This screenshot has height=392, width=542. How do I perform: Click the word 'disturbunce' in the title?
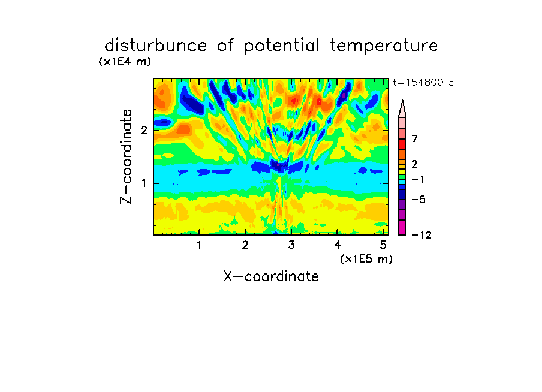pyautogui.click(x=155, y=46)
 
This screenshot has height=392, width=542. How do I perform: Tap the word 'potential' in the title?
pyautogui.click(x=282, y=46)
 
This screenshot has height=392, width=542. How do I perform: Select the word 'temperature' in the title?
pyautogui.click(x=384, y=46)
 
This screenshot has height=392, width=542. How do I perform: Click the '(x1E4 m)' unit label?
pyautogui.click(x=125, y=62)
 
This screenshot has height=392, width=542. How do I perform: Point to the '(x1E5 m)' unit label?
pyautogui.click(x=366, y=258)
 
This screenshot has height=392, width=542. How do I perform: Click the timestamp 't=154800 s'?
pyautogui.click(x=423, y=82)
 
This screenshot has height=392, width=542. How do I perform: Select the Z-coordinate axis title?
pyautogui.click(x=126, y=156)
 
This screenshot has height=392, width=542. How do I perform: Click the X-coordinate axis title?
pyautogui.click(x=271, y=276)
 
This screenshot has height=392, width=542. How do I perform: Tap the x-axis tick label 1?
pyautogui.click(x=199, y=245)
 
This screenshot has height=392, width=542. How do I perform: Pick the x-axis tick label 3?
pyautogui.click(x=291, y=245)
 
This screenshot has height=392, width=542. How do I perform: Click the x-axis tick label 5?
pyautogui.click(x=383, y=245)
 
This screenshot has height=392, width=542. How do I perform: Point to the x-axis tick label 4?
pyautogui.click(x=337, y=245)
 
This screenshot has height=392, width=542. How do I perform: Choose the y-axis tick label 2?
pyautogui.click(x=144, y=130)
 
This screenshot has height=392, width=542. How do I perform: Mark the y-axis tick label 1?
pyautogui.click(x=144, y=183)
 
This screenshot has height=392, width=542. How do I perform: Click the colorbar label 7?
pyautogui.click(x=415, y=138)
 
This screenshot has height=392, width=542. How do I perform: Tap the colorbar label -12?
pyautogui.click(x=421, y=235)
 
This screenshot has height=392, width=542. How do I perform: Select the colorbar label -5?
pyautogui.click(x=418, y=200)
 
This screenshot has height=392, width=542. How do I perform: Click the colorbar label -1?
pyautogui.click(x=418, y=179)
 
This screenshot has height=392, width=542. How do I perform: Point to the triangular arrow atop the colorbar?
pyautogui.click(x=402, y=108)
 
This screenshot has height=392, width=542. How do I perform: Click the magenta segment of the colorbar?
pyautogui.click(x=402, y=227)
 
